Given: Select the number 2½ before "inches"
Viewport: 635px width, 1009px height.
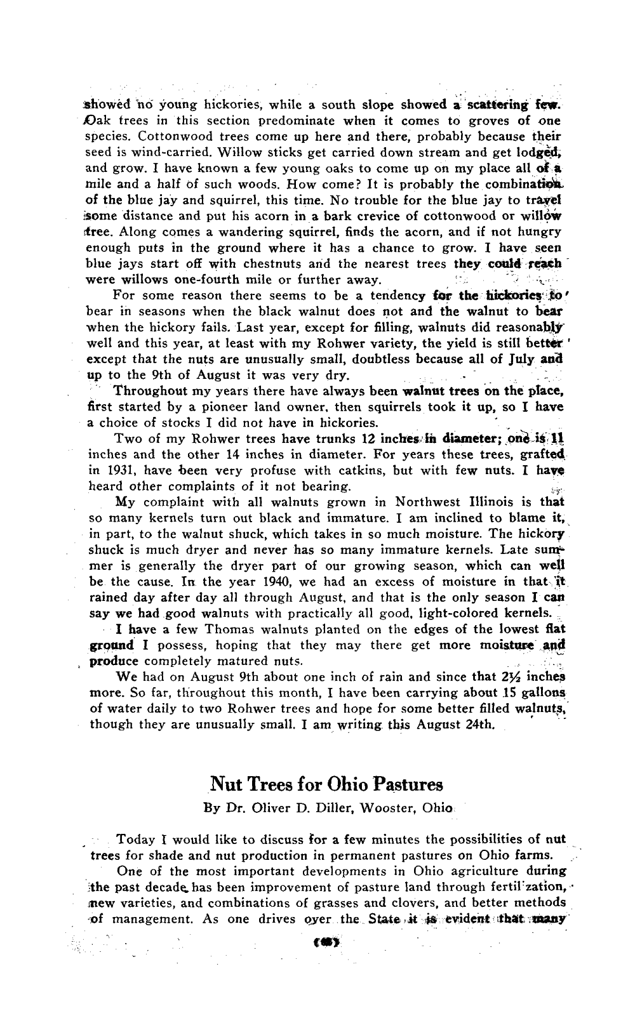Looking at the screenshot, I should [519, 676].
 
